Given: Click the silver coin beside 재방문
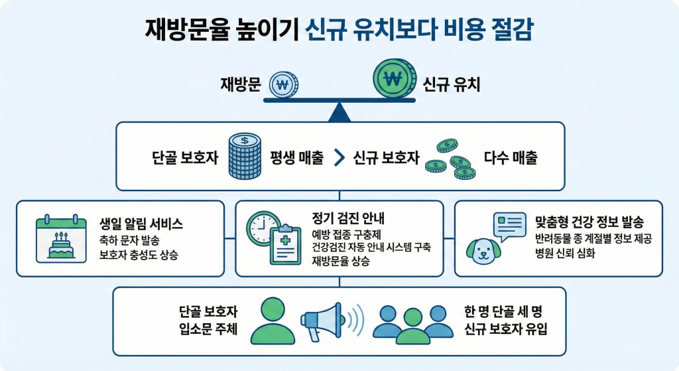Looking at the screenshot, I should click(284, 84).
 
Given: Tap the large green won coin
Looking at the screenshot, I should click(394, 80).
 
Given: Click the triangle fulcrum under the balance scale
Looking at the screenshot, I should click(339, 112).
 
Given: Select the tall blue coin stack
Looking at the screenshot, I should click(245, 157).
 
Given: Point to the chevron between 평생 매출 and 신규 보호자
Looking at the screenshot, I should click(338, 158).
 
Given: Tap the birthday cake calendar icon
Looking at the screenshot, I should click(61, 240).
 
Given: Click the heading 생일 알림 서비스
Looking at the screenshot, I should click(140, 224).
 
